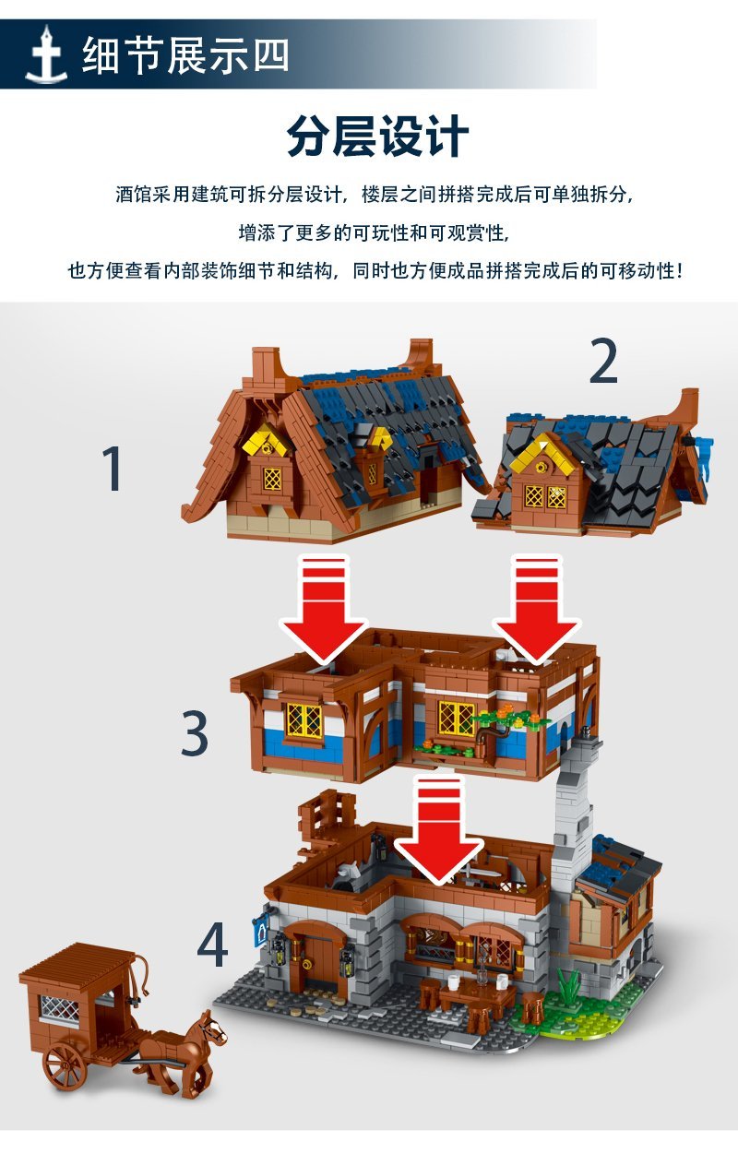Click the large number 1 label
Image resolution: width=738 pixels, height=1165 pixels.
[113, 468]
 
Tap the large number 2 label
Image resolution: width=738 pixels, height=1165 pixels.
[603, 360]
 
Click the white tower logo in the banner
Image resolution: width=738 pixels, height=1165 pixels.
[47, 54]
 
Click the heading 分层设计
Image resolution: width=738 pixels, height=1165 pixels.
[378, 137]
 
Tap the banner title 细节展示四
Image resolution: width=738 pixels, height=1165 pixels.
[185, 54]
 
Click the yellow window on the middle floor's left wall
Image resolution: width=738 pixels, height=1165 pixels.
[304, 719]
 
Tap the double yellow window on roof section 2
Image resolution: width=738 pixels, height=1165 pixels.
[544, 496]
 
